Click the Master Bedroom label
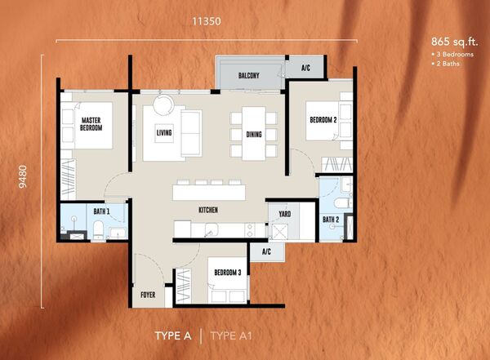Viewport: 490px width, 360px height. (x=91, y=124)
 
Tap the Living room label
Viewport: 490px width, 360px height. (x=164, y=133)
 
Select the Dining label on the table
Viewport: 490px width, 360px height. (x=254, y=135)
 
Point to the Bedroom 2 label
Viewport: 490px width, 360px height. (x=323, y=120)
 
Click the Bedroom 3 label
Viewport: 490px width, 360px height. (x=228, y=273)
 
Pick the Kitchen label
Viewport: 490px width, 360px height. (x=208, y=210)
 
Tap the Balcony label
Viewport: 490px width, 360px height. (x=249, y=75)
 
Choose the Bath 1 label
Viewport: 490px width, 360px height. (x=101, y=211)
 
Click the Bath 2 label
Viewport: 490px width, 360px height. (x=331, y=220)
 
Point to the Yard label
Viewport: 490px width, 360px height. (x=285, y=214)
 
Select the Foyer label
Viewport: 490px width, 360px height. (x=148, y=295)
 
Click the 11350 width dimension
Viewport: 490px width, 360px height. (x=207, y=21)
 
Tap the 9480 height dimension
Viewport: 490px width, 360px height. (x=23, y=176)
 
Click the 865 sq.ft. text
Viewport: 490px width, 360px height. (x=455, y=42)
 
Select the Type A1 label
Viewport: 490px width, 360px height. (x=231, y=336)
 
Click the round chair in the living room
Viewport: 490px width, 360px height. (x=163, y=105)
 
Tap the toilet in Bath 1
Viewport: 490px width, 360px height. (x=98, y=230)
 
